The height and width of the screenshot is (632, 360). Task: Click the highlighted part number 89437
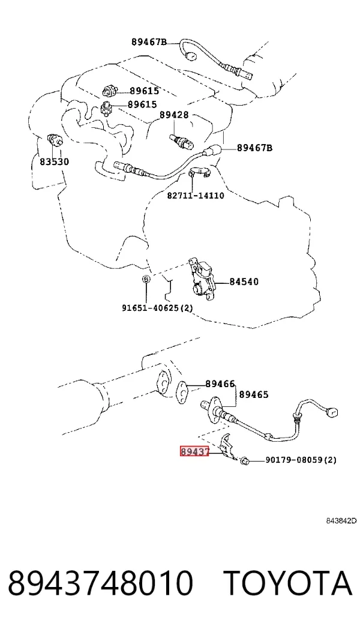point(194,451)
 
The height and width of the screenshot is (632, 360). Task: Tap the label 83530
point(54,161)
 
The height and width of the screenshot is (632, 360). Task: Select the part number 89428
point(174,115)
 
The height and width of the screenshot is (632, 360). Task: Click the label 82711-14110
point(196,196)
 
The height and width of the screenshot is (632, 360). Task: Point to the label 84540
point(244,281)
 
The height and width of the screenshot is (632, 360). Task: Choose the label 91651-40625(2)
point(157,307)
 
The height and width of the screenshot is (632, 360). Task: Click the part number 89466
point(220,384)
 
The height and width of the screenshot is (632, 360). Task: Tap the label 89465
point(254,394)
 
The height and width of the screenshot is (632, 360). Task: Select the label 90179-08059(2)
point(301,460)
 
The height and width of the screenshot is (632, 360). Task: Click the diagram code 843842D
point(341,521)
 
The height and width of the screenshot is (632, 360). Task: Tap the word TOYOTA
point(288,583)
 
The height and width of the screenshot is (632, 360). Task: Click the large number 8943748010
point(100,583)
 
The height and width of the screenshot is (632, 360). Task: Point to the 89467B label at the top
point(149,41)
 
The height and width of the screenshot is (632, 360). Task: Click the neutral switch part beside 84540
point(203,278)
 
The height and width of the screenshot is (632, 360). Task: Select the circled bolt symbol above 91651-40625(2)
point(146,279)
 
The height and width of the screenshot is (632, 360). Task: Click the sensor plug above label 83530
point(55,139)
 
